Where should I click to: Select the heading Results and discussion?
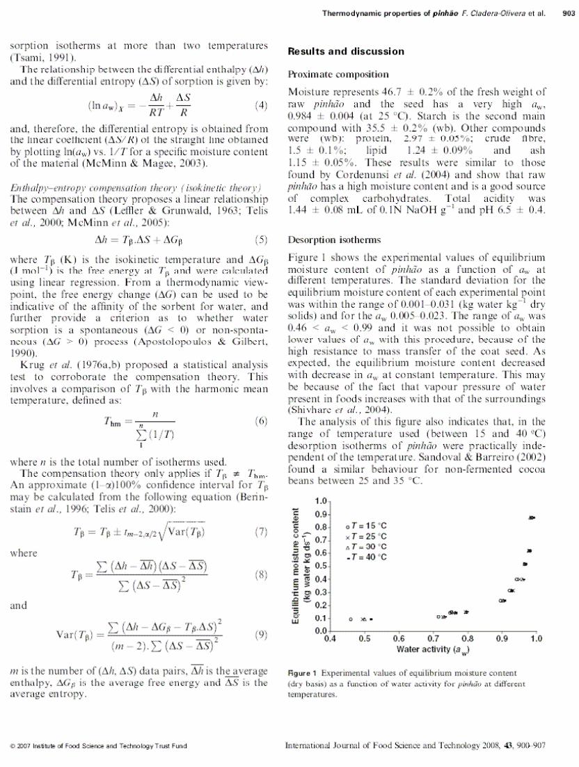click(346, 51)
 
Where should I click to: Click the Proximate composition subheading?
click(338, 74)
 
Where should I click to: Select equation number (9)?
click(262, 633)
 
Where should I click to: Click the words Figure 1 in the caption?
click(302, 673)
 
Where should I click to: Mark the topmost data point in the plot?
click(532, 517)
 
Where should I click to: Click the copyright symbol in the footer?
click(13, 746)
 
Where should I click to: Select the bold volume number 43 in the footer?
click(508, 745)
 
